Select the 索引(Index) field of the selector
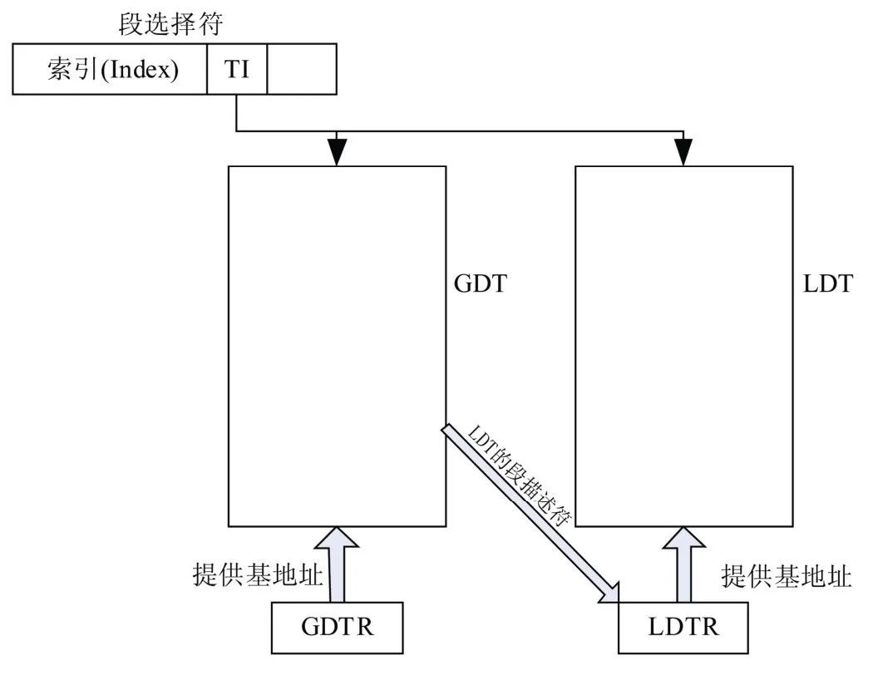coord(111,69)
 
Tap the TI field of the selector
coord(237,69)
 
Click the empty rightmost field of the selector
coord(302,69)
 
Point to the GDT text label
coord(481,284)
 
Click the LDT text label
coord(827,284)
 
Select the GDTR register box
coord(337,626)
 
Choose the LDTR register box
coord(683,626)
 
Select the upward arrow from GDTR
coord(337,565)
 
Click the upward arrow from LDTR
coord(683,565)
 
